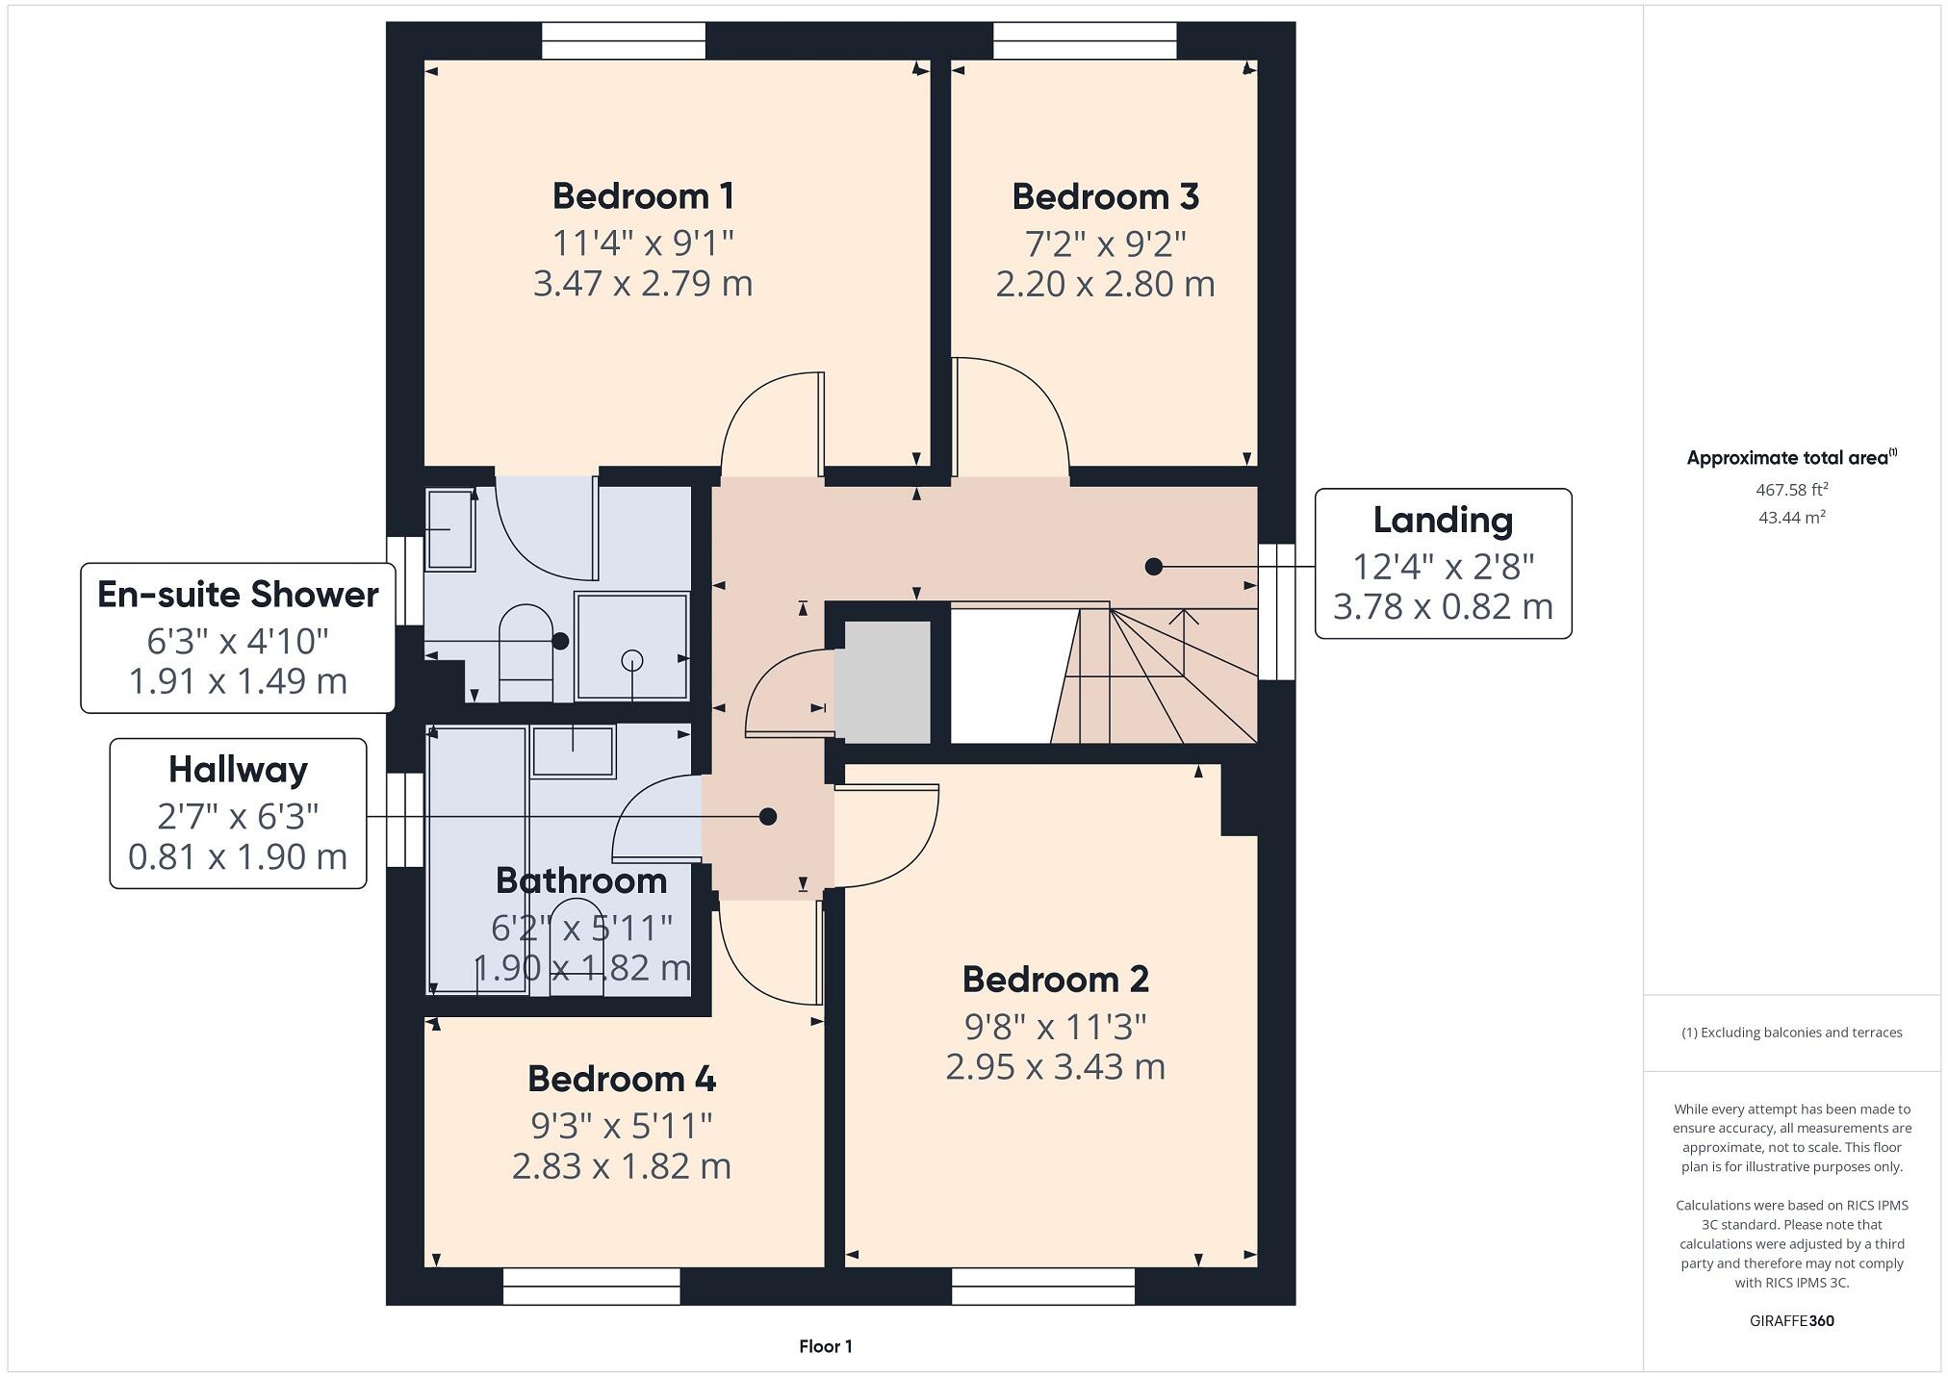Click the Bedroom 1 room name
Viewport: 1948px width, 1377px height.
[643, 196]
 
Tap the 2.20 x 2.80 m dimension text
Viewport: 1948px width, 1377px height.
[1105, 285]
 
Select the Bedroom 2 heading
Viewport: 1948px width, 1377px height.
[1055, 980]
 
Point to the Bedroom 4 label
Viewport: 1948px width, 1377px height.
[621, 1079]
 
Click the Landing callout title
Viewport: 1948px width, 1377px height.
[1442, 521]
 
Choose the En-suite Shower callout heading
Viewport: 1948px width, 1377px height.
[238, 595]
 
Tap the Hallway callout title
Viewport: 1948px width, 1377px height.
[238, 770]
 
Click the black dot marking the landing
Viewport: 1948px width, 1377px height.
[1153, 567]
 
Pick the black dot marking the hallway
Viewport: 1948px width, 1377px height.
[767, 817]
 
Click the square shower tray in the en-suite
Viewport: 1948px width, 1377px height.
[631, 646]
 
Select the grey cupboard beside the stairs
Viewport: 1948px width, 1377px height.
[882, 681]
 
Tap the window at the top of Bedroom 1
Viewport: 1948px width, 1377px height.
[623, 40]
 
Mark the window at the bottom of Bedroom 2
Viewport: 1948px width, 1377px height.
[1042, 1287]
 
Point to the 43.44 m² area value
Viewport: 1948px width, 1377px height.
[1791, 518]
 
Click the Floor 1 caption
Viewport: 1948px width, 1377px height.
[825, 1346]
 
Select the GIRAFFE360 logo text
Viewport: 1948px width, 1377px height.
[1791, 1321]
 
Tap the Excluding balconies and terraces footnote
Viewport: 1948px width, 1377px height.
[1791, 1033]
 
